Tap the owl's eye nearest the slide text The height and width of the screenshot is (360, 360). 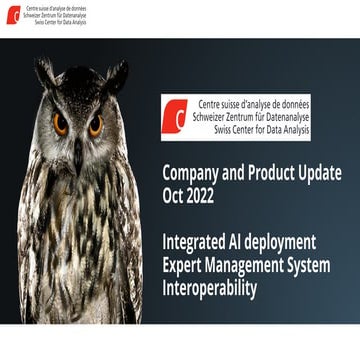point(95,124)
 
